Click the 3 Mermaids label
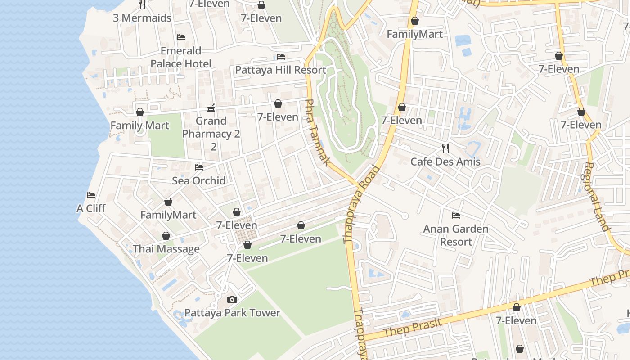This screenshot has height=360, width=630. [x=142, y=18]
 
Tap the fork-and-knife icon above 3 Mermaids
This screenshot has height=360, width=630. [x=142, y=4]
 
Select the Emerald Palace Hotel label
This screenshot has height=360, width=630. [x=181, y=57]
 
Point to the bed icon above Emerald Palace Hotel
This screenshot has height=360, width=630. [x=181, y=37]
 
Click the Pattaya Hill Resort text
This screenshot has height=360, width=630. [x=281, y=70]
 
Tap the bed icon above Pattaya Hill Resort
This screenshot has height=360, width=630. [x=281, y=57]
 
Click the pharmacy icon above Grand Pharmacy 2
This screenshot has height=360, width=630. [x=211, y=108]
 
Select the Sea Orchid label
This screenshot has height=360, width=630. [x=199, y=180]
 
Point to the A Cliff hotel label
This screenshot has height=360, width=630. [x=91, y=208]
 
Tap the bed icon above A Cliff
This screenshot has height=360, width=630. [x=91, y=195]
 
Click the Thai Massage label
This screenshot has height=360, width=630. [x=166, y=249]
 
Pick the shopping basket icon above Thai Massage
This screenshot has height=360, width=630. [x=166, y=236]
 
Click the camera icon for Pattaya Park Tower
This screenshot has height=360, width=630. [x=232, y=299]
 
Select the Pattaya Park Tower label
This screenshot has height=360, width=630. [x=232, y=313]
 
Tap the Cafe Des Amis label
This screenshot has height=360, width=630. [x=445, y=162]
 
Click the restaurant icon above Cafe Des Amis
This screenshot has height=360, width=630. [x=445, y=148]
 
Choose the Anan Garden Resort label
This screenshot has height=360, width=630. [x=456, y=235]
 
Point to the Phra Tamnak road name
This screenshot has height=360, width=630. [x=318, y=132]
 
